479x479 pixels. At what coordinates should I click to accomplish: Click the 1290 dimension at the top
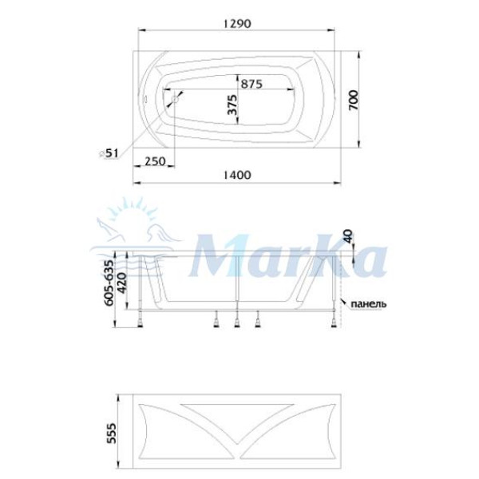[238, 24]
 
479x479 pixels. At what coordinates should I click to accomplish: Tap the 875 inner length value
[251, 82]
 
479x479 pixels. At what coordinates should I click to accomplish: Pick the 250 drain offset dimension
[155, 162]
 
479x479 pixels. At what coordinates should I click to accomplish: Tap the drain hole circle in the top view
[173, 100]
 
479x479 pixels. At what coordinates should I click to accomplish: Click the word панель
[368, 303]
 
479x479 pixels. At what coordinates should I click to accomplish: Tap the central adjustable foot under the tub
[237, 322]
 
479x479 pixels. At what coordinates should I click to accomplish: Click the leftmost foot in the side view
[142, 322]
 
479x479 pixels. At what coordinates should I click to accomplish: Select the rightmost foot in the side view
[332, 322]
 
